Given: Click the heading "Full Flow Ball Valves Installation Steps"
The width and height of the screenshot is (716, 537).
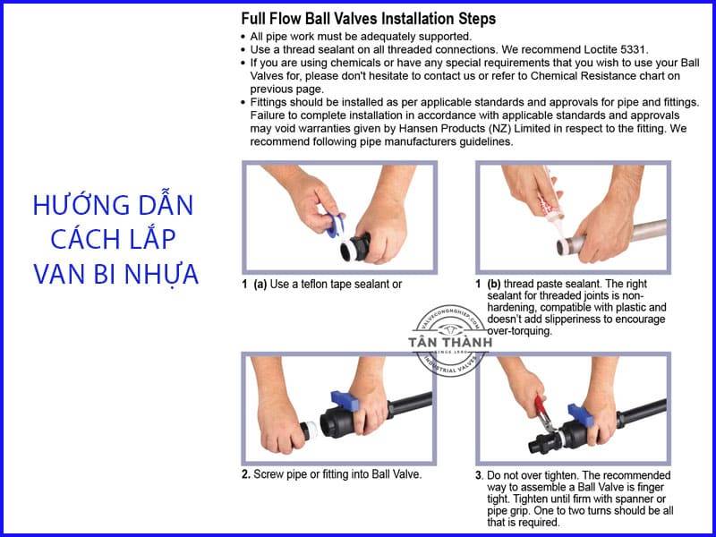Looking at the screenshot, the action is point(368,19).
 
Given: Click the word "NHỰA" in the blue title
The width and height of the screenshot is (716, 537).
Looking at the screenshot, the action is point(162,274).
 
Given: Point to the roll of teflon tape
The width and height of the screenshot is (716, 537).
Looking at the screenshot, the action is point(335,227).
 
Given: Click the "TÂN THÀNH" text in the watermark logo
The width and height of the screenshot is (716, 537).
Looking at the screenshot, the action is point(450,342).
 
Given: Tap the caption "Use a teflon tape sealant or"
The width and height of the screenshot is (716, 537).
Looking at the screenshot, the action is point(336,284).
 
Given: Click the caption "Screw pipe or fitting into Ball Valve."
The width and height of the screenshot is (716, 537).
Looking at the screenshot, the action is point(337,474).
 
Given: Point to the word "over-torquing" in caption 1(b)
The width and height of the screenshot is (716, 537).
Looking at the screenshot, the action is point(519,330).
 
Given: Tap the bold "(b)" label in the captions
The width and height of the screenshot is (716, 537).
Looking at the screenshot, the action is point(494,284).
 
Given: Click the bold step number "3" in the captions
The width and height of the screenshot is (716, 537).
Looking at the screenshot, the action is point(479,476).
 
